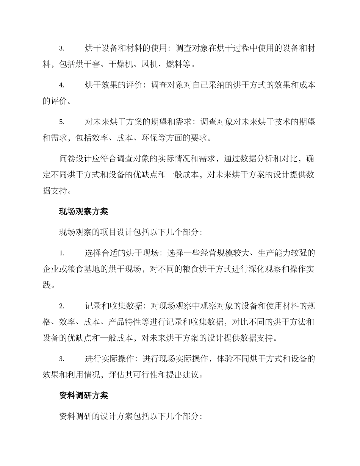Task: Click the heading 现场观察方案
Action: point(84,211)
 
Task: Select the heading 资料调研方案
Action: point(84,396)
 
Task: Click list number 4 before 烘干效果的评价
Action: point(62,85)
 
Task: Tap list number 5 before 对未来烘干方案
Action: point(62,122)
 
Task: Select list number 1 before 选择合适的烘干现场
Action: point(62,253)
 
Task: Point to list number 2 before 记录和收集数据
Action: point(62,306)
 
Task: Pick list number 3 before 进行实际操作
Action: point(62,359)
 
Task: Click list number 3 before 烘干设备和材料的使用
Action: point(62,48)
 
